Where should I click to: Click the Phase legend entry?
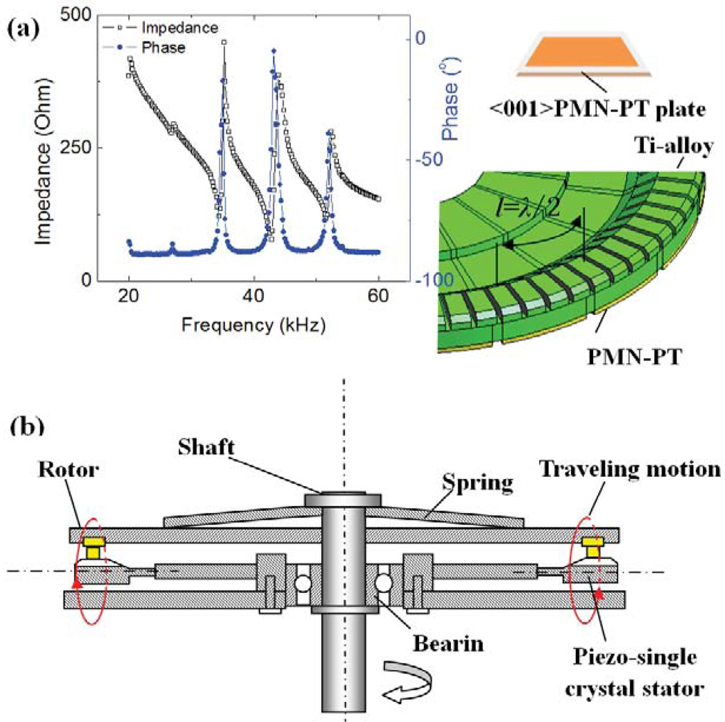(x=164, y=48)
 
